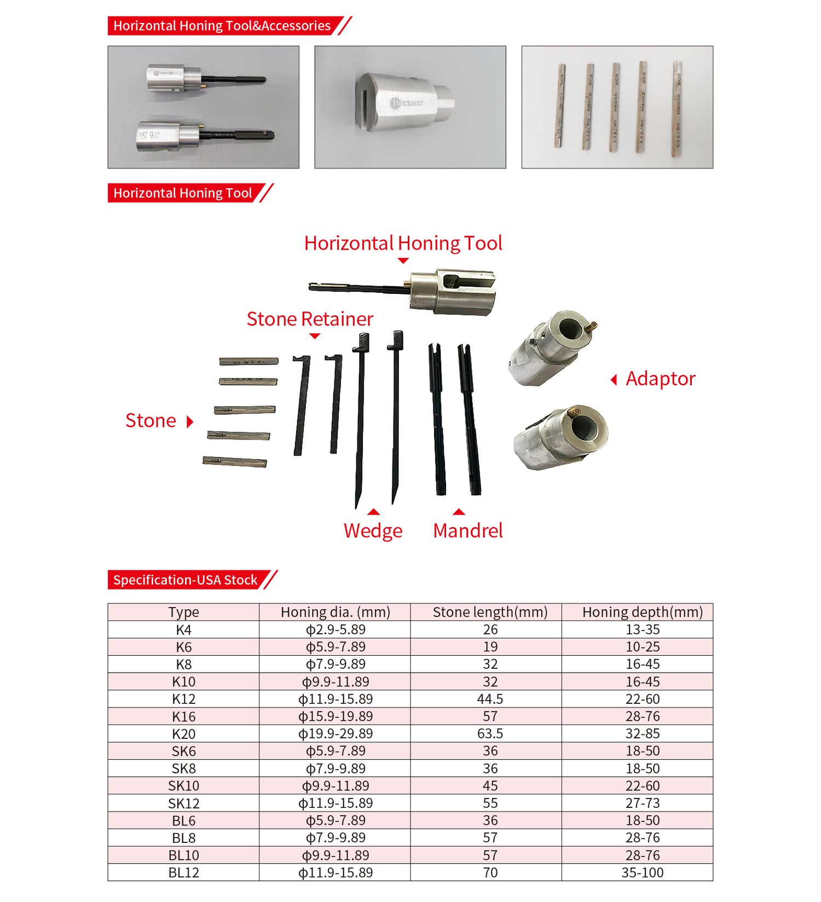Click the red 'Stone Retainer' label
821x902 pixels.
pyautogui.click(x=310, y=319)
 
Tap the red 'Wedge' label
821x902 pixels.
pyautogui.click(x=373, y=530)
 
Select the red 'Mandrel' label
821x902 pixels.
pyautogui.click(x=467, y=530)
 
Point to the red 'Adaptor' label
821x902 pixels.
pyautogui.click(x=660, y=379)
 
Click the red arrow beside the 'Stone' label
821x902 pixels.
pyautogui.click(x=190, y=421)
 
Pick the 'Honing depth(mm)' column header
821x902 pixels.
pyautogui.click(x=642, y=612)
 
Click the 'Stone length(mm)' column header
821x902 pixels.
pyautogui.click(x=490, y=612)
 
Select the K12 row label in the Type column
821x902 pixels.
pyautogui.click(x=183, y=699)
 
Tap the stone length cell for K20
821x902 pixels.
pyautogui.click(x=490, y=733)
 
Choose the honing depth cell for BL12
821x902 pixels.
pyautogui.click(x=642, y=872)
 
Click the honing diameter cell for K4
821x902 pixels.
pyautogui.click(x=335, y=629)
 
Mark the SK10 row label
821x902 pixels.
pyautogui.click(x=183, y=786)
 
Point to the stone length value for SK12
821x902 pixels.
pyautogui.click(x=490, y=803)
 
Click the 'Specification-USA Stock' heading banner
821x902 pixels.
pyautogui.click(x=185, y=580)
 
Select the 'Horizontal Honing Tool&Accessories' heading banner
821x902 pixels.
pyautogui.click(x=222, y=26)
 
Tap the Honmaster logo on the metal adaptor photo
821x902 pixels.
pyautogui.click(x=407, y=102)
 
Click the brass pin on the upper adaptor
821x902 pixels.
pyautogui.click(x=589, y=326)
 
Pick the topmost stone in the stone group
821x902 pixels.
pyautogui.click(x=249, y=361)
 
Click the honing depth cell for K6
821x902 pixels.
pyautogui.click(x=642, y=647)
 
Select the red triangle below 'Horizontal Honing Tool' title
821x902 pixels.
pyautogui.click(x=403, y=261)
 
